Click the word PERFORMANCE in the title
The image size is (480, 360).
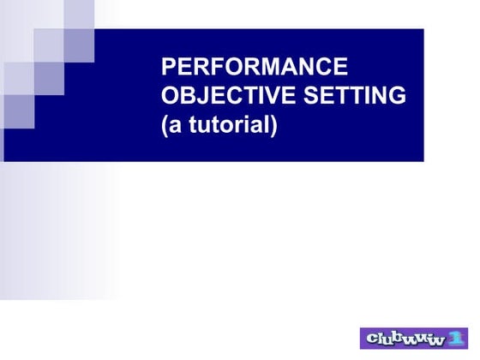255,67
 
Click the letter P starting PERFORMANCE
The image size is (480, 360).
168,67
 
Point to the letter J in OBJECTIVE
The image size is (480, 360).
201,96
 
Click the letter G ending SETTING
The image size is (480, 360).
397,96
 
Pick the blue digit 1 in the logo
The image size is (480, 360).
459,338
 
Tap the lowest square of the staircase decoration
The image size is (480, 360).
18,111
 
